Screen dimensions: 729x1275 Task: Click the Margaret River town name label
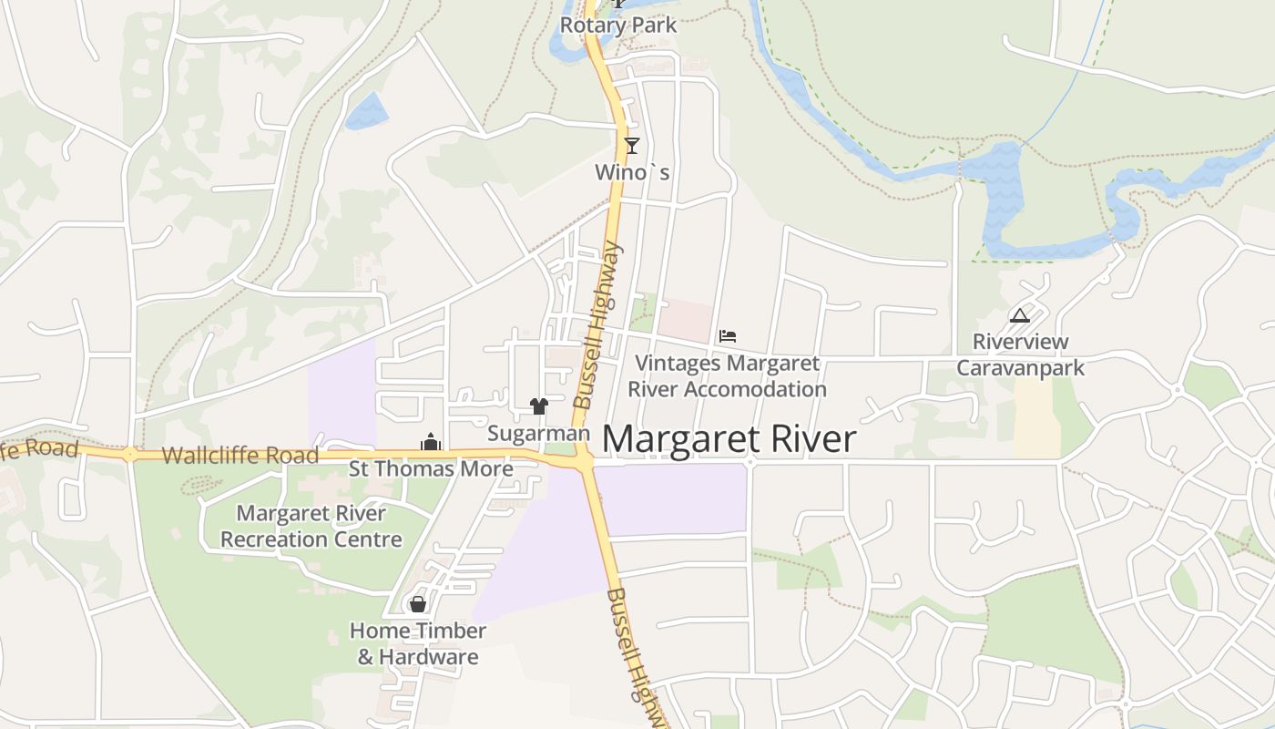[x=729, y=439]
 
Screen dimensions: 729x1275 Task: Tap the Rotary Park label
[x=617, y=26]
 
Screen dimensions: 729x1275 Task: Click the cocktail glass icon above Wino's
[x=631, y=145]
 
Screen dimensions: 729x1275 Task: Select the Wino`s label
[x=632, y=171]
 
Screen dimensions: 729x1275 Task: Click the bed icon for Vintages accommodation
[x=727, y=336]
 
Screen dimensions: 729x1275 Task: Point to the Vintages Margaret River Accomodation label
[x=727, y=376]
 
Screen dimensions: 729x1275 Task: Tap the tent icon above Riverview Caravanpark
[x=1020, y=316]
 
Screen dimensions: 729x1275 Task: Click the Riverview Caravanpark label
[x=1020, y=355]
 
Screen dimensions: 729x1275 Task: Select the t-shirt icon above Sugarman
[x=539, y=406]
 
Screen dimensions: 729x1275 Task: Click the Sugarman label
[x=538, y=434]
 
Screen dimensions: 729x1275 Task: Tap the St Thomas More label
[x=431, y=469]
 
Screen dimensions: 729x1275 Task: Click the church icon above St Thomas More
[x=430, y=444]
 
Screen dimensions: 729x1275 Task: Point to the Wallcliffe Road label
[x=240, y=456]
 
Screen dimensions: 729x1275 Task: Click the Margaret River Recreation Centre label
[x=311, y=527]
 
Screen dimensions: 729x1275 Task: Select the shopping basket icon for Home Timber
[x=417, y=604]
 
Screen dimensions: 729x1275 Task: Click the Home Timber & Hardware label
[x=418, y=643]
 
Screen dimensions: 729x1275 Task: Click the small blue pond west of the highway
[x=366, y=111]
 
